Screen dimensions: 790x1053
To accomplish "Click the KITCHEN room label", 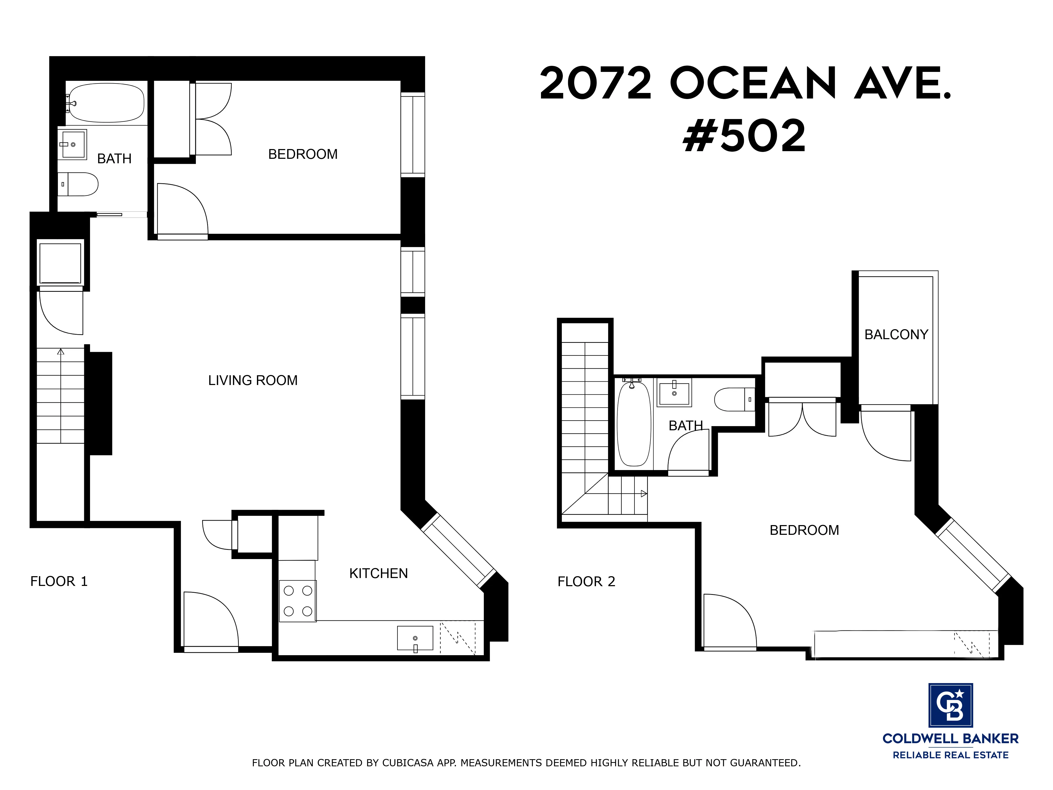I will pos(379,573).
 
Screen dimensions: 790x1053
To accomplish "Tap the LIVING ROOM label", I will pos(253,381).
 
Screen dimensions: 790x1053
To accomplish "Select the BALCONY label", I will pos(896,335).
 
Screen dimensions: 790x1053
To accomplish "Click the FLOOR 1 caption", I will pos(59,581).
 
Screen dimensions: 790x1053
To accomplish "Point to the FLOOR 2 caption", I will pos(587,581).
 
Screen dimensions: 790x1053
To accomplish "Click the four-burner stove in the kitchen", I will pos(297,601).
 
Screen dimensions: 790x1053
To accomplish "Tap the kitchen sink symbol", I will pos(415,638).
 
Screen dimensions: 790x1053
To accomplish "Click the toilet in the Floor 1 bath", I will pos(78,184).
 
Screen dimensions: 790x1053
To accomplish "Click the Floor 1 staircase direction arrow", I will pos(61,352).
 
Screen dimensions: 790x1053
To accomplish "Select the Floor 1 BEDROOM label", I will pos(303,154).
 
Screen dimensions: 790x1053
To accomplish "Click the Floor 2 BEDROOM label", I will pos(804,530).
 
